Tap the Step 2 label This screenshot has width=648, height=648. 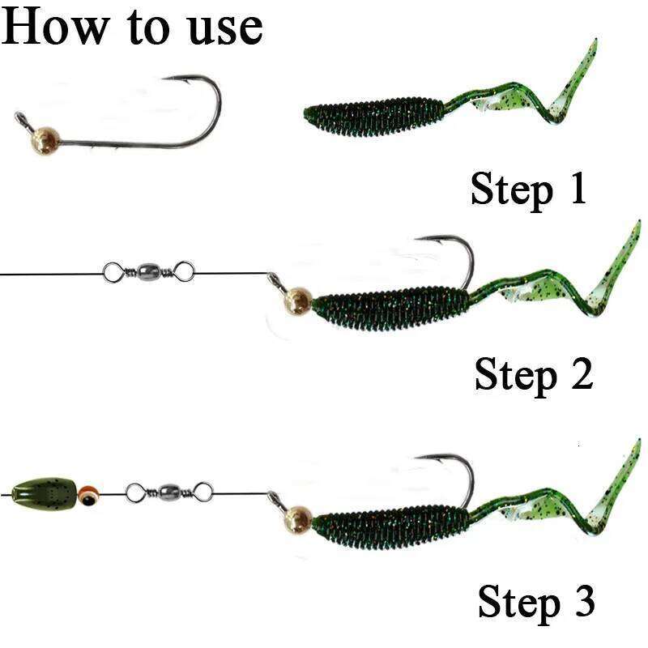534,375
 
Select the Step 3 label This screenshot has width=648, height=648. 536,603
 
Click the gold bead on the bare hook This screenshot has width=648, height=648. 43,139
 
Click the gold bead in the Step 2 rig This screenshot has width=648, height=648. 297,301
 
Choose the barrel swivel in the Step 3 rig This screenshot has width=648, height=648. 169,490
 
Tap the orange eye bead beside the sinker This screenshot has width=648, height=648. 89,491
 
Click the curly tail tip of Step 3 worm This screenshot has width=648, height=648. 635,446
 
